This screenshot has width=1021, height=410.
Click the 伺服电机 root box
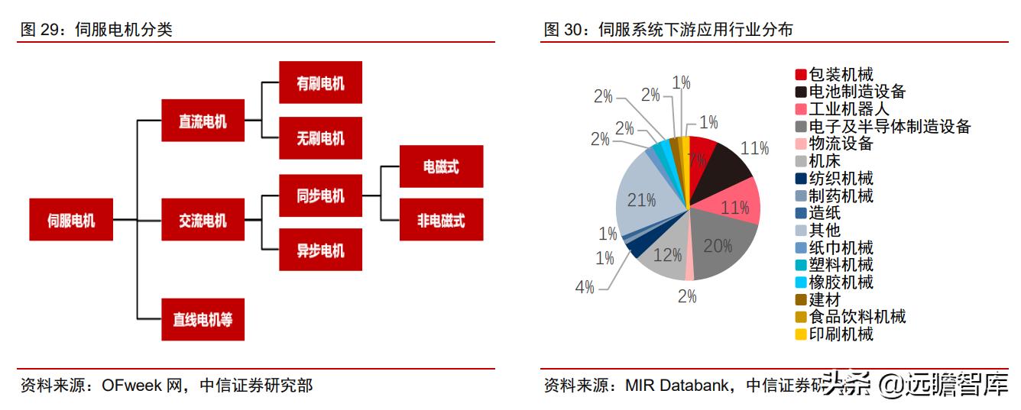[x=71, y=221]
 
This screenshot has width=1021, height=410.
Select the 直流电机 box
[x=203, y=121]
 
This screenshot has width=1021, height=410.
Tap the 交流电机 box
[x=203, y=221]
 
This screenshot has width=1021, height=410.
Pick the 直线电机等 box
[x=203, y=320]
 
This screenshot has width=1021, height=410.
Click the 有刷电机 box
[x=319, y=82]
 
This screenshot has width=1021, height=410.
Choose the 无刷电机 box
[x=319, y=138]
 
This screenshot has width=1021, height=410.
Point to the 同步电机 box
[x=319, y=195]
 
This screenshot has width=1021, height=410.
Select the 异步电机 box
[x=319, y=250]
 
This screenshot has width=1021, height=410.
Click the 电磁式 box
[x=441, y=166]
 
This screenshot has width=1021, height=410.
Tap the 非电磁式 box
[x=441, y=221]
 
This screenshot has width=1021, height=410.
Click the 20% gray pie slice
[x=722, y=244]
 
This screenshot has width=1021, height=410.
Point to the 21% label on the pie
[x=641, y=201]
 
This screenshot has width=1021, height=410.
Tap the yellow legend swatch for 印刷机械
[x=801, y=334]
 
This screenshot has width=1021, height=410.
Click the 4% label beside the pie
[x=585, y=287]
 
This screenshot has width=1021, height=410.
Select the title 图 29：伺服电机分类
[x=96, y=30]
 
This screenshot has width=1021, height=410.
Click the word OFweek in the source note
[x=131, y=386]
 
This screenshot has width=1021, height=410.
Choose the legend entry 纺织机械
[x=841, y=179]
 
